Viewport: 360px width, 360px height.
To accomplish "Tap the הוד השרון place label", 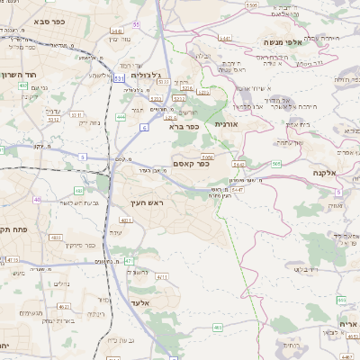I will [x=17, y=76].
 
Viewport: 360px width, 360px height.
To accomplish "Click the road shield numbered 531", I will [x=120, y=78].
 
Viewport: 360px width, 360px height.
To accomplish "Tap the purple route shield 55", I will [x=136, y=23].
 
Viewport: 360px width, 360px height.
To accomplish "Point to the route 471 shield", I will [x=129, y=260].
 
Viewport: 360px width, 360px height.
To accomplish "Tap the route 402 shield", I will [x=79, y=191].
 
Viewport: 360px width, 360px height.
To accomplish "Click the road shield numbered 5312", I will [x=53, y=118].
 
